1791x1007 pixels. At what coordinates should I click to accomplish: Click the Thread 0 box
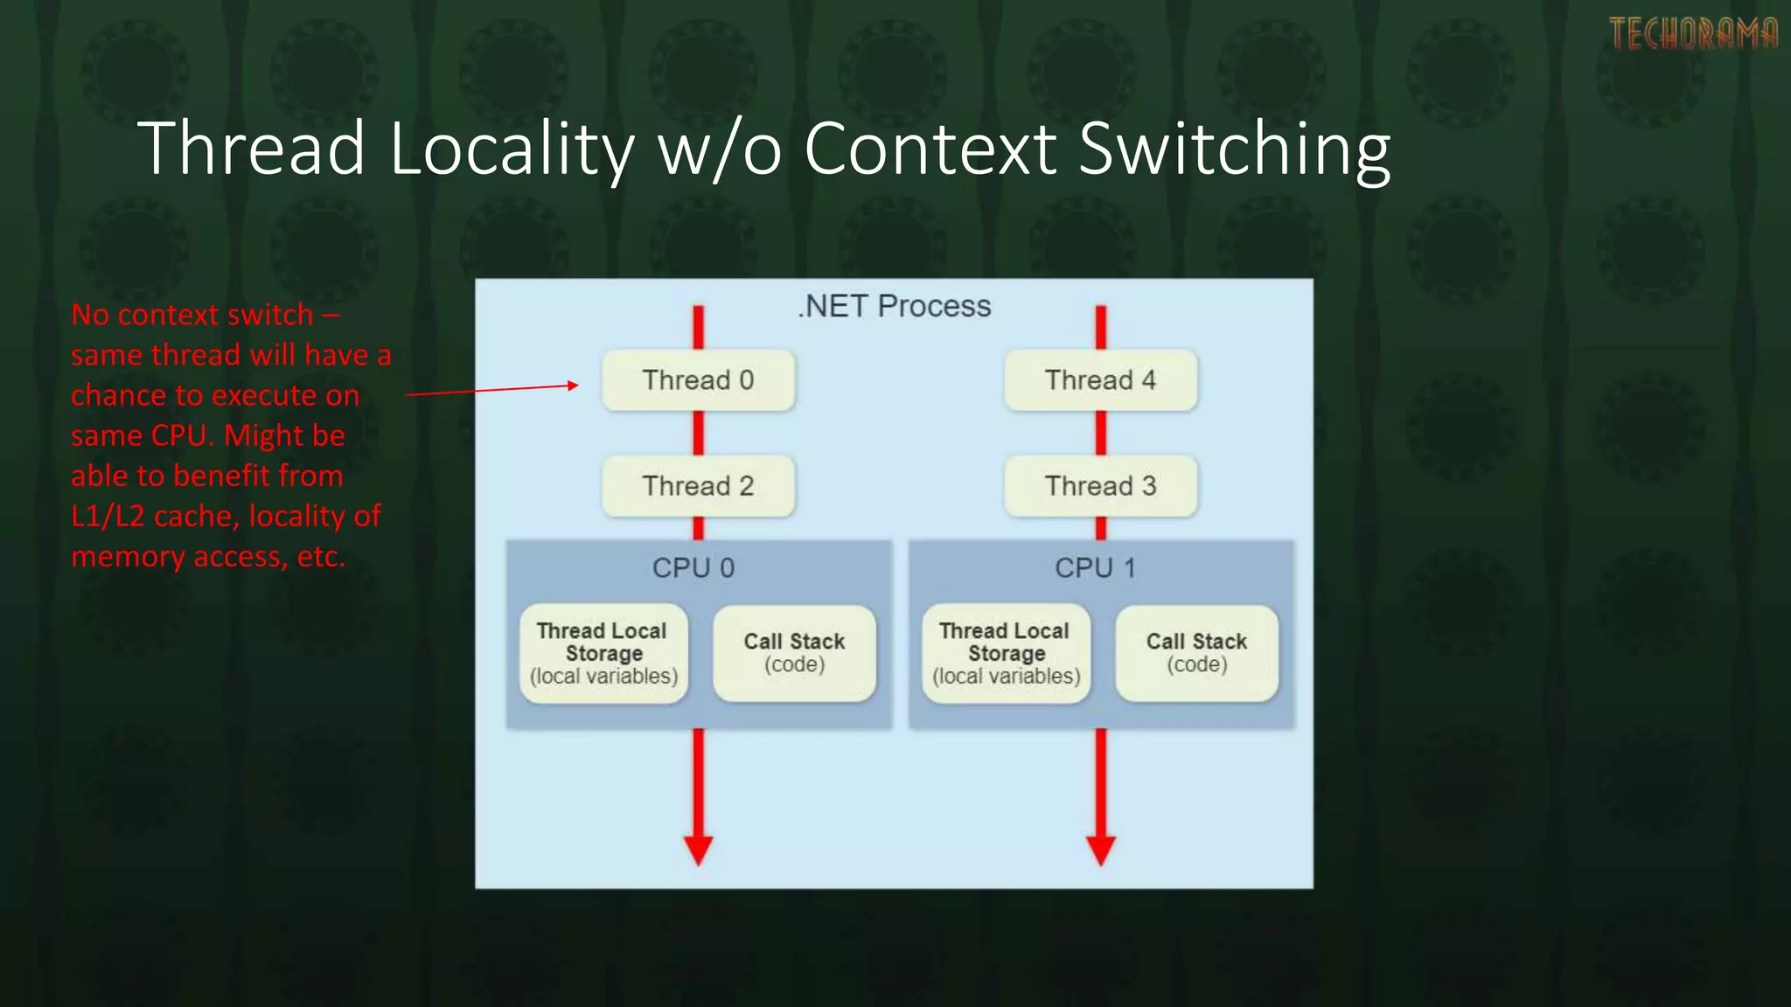pyautogui.click(x=698, y=380)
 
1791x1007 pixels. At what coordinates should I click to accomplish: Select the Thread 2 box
pyautogui.click(x=698, y=486)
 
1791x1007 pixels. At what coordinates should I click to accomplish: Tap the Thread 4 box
pyautogui.click(x=1100, y=380)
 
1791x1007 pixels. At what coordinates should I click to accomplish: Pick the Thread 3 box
pyautogui.click(x=1100, y=486)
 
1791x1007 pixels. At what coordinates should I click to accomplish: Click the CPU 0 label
pyautogui.click(x=693, y=568)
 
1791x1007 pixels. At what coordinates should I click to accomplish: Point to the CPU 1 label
pyautogui.click(x=1096, y=568)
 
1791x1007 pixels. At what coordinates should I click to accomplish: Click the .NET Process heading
pyautogui.click(x=894, y=306)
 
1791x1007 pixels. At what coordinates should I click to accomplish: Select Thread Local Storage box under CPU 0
pyautogui.click(x=603, y=654)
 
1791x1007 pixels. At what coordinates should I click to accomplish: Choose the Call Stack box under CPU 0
pyautogui.click(x=794, y=653)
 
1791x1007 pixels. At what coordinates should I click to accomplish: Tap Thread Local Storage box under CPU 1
pyautogui.click(x=1006, y=654)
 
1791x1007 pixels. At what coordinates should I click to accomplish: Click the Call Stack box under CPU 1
pyautogui.click(x=1196, y=653)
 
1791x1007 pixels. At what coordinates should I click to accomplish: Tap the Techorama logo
pyautogui.click(x=1693, y=34)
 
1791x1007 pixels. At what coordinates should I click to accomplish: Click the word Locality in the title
pyautogui.click(x=512, y=149)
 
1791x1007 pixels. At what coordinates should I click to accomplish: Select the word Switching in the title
pyautogui.click(x=1234, y=149)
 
